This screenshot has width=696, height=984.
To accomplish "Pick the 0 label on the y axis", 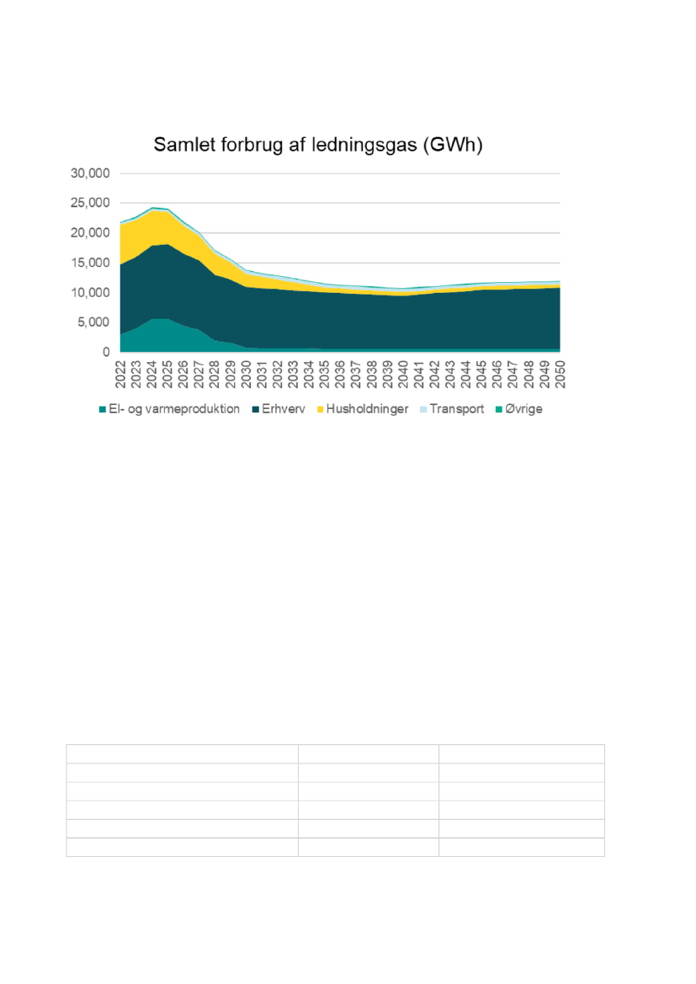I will click(108, 352).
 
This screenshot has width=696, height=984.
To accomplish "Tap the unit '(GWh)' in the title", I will click(454, 145).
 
